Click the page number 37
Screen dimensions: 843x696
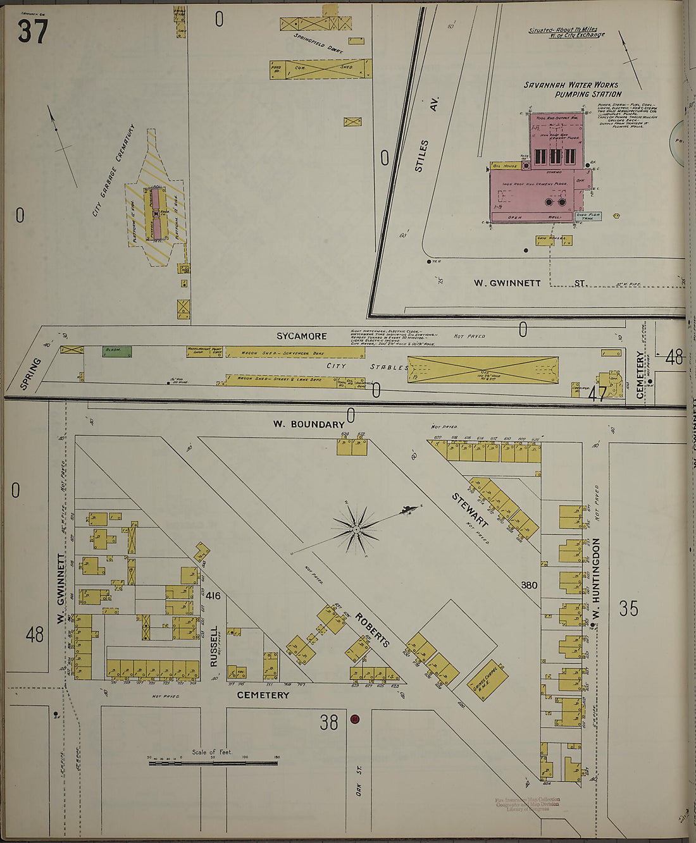click(32, 31)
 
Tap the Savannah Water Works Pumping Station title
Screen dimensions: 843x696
click(571, 89)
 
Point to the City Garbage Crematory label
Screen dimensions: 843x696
click(114, 170)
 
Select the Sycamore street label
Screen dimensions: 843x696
click(301, 336)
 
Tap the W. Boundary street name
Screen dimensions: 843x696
click(309, 424)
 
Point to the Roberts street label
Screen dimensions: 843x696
click(371, 629)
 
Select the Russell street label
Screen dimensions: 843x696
click(214, 646)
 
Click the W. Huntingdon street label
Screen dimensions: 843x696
click(595, 579)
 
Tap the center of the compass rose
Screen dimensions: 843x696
click(356, 528)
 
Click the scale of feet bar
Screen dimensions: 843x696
click(213, 763)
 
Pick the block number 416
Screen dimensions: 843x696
click(213, 595)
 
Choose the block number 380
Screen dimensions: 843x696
click(529, 585)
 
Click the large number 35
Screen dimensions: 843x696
click(628, 608)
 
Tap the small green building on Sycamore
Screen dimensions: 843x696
click(118, 350)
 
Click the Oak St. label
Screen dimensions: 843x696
click(358, 778)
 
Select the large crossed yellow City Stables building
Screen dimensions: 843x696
click(483, 370)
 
